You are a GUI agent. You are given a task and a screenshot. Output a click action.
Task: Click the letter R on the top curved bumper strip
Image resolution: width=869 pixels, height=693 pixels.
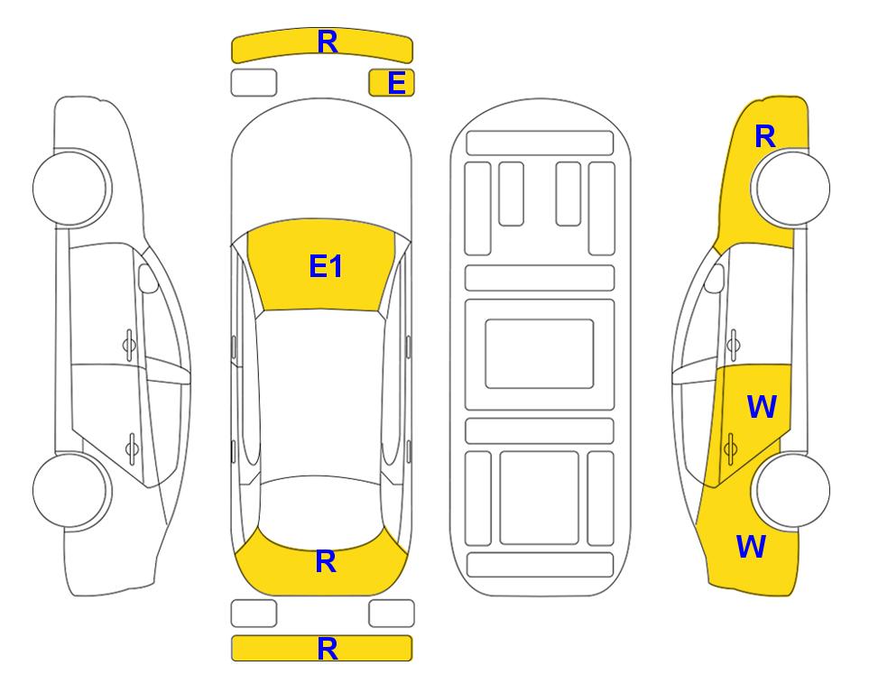pyautogui.click(x=328, y=42)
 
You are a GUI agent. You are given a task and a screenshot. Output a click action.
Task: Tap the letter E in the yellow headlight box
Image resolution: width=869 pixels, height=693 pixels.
pyautogui.click(x=397, y=83)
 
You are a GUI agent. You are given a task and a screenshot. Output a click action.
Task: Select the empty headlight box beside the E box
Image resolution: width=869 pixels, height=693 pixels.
pyautogui.click(x=254, y=83)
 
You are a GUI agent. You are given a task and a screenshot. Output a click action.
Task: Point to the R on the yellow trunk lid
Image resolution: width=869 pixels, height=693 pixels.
pyautogui.click(x=326, y=561)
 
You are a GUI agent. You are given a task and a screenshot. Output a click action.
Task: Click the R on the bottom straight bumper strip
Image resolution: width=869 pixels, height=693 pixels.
pyautogui.click(x=328, y=649)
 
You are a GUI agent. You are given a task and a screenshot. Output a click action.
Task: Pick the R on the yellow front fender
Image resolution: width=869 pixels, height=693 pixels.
pyautogui.click(x=765, y=136)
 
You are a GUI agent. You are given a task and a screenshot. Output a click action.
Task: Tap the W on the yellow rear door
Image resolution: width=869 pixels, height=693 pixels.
pyautogui.click(x=762, y=407)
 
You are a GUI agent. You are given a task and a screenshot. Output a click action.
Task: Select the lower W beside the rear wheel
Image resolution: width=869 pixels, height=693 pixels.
pyautogui.click(x=751, y=547)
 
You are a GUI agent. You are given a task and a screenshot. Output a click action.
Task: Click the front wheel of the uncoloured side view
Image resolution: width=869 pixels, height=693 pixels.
pyautogui.click(x=69, y=188)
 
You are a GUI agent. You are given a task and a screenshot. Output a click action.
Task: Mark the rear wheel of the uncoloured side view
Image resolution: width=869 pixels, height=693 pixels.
pyautogui.click(x=69, y=490)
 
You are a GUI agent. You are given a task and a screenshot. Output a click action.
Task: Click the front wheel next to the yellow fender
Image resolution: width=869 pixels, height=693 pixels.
pyautogui.click(x=792, y=188)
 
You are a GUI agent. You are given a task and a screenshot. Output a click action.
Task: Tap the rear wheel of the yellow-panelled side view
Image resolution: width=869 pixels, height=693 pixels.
pyautogui.click(x=792, y=490)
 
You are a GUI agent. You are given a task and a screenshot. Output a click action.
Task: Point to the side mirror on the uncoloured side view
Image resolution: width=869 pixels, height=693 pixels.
pyautogui.click(x=147, y=278)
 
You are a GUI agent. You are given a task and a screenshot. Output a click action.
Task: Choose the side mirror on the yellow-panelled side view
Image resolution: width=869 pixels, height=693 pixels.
pyautogui.click(x=715, y=278)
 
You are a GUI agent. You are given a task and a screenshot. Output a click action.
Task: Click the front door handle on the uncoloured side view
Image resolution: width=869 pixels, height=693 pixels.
pyautogui.click(x=128, y=345)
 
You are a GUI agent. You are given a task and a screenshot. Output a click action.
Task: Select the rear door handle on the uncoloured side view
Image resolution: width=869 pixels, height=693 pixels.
pyautogui.click(x=132, y=448)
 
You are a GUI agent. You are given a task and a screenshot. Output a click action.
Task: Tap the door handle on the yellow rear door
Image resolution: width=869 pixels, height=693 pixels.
pyautogui.click(x=730, y=448)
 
